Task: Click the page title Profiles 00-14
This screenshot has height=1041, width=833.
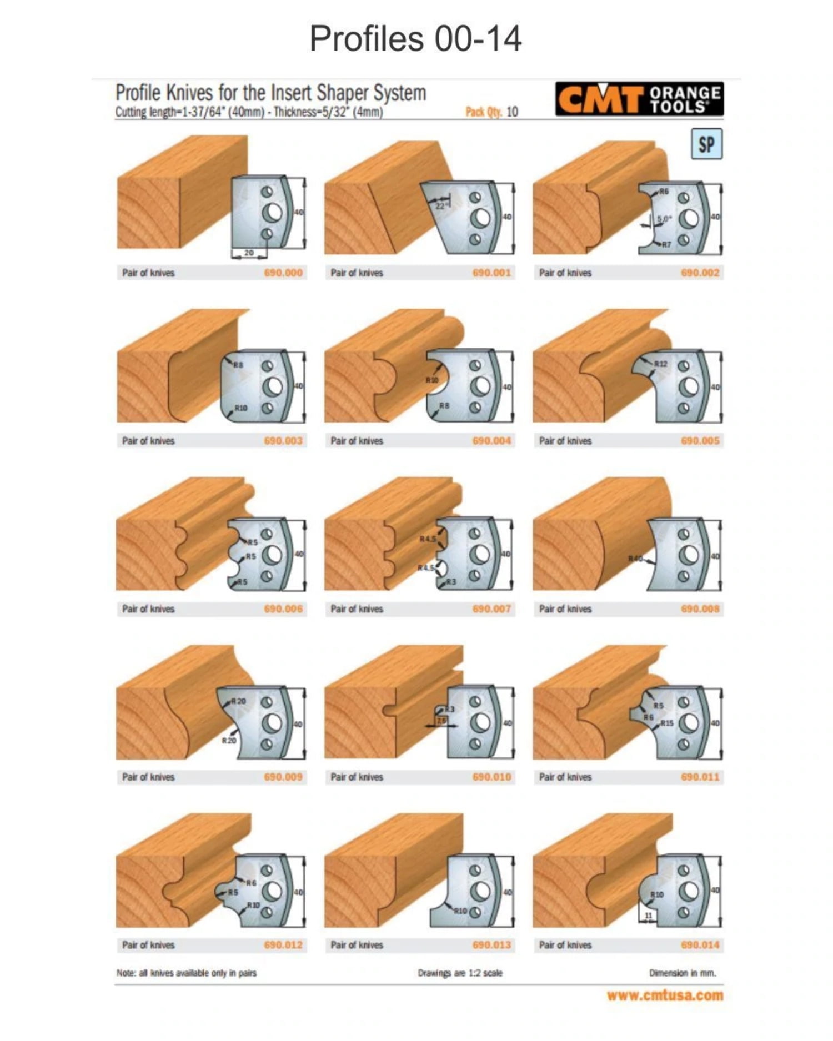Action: (x=415, y=39)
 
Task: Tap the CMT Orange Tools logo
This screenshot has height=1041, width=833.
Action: (x=639, y=99)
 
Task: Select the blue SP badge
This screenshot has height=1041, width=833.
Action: (x=706, y=144)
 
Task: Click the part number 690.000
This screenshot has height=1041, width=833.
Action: (x=283, y=273)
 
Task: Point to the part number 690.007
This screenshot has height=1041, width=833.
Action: (x=491, y=608)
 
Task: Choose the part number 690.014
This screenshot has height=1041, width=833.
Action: (x=700, y=944)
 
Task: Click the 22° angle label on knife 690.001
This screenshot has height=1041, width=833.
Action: (x=440, y=205)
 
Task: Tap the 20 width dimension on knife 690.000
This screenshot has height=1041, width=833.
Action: (x=249, y=253)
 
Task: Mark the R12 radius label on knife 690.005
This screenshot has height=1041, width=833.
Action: (x=660, y=364)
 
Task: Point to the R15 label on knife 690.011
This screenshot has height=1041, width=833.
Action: (x=667, y=723)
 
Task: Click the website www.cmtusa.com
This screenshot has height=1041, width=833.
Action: (x=665, y=995)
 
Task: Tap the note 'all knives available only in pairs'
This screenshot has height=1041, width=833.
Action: (x=187, y=973)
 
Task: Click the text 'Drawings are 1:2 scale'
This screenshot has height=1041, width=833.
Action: (x=460, y=973)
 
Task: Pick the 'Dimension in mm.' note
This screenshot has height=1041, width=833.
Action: (x=683, y=973)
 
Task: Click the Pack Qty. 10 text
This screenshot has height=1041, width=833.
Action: (x=491, y=112)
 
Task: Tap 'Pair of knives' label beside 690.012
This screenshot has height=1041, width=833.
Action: (x=148, y=944)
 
